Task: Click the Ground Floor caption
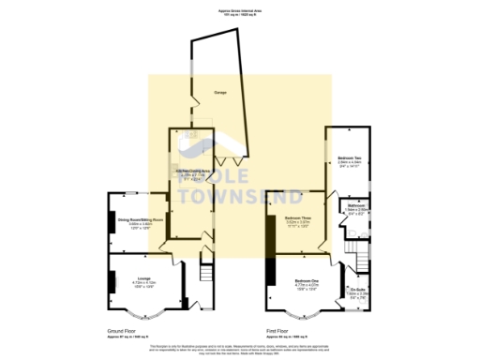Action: (125, 330)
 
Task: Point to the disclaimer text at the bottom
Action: (240, 349)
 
